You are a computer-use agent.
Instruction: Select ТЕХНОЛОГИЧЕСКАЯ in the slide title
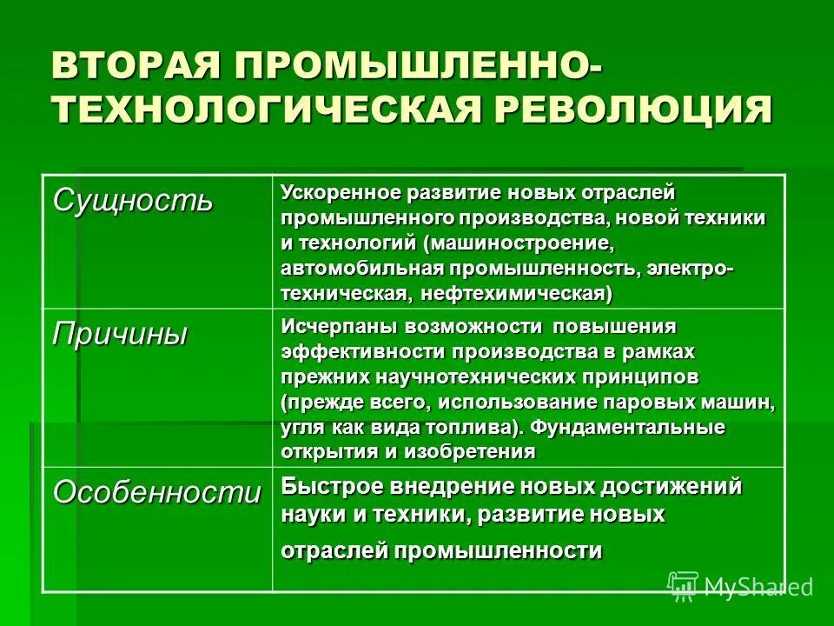point(269,110)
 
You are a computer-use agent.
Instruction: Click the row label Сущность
point(132,201)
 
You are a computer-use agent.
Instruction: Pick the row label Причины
point(120,334)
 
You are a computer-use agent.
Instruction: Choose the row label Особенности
point(156,492)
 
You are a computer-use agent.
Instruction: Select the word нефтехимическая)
point(517,294)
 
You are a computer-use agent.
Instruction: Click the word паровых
point(671,403)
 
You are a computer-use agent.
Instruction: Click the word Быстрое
point(331,487)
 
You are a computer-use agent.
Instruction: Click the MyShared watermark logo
point(739,586)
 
